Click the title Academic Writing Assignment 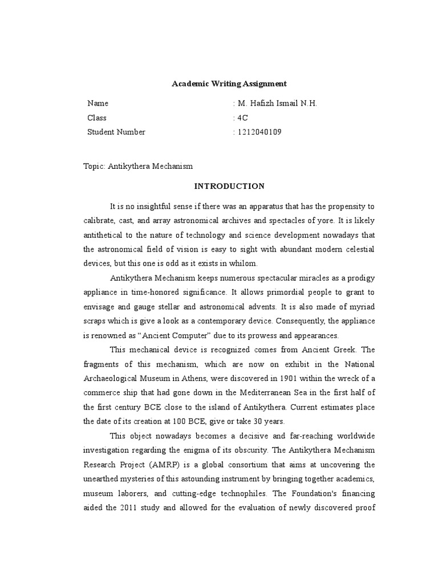click(229, 84)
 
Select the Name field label click(98, 103)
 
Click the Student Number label click(116, 132)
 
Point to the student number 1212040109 click(259, 132)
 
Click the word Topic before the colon click(94, 166)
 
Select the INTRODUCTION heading click(229, 186)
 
